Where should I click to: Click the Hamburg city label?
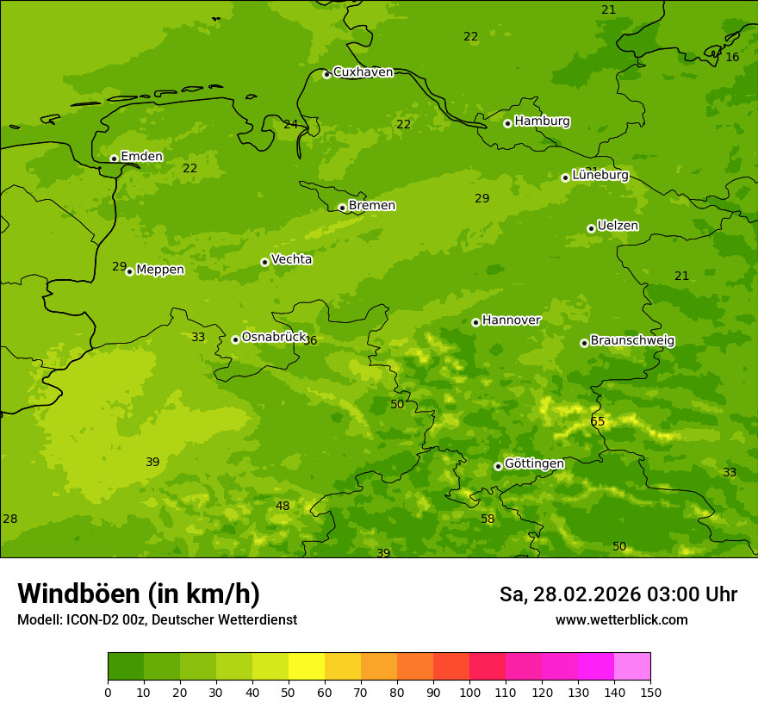coord(542,121)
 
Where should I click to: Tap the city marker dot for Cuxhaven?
coord(326,74)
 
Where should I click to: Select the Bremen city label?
coord(371,206)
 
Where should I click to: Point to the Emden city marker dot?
coord(114,159)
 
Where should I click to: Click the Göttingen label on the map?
coord(534,464)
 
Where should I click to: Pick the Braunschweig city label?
coord(632,341)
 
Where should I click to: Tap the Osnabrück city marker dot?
coord(235,339)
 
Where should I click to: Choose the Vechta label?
coord(291,260)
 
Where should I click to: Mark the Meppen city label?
coord(160,270)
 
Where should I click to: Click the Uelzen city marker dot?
coord(591,228)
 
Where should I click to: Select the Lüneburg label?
coord(600,176)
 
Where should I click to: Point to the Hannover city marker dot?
coord(475,322)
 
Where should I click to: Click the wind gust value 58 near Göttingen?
coord(488,519)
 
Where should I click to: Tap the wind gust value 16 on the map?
coord(732,57)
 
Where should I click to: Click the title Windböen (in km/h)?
coord(139,594)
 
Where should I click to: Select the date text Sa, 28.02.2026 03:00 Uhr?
coord(618,594)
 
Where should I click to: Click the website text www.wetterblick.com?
coord(621,619)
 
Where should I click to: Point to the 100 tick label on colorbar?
coord(469,692)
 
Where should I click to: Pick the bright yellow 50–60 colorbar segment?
coord(307,666)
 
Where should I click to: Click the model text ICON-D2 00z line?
coord(157,619)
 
